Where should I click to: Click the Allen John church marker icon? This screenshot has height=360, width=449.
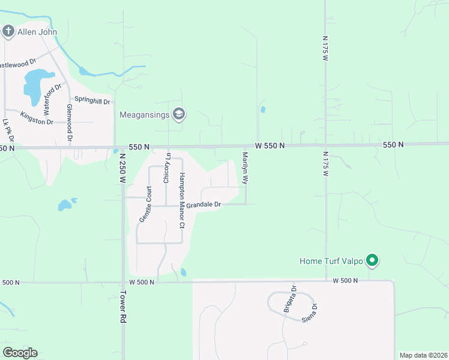tap(8, 31)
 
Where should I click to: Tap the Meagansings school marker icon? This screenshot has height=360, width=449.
tap(178, 113)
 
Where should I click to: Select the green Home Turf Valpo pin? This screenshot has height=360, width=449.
tap(372, 260)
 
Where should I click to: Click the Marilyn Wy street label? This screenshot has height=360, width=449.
tap(245, 167)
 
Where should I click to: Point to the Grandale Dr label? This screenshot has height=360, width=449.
tap(203, 205)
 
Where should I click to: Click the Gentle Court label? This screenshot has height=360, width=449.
tap(145, 204)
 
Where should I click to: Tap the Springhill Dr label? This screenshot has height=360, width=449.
tap(92, 101)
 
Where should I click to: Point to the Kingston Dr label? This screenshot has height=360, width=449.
tap(37, 118)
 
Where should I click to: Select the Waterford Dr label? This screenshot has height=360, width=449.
tap(53, 100)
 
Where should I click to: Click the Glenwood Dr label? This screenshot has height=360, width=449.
tap(70, 124)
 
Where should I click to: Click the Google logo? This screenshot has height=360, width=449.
tap(20, 352)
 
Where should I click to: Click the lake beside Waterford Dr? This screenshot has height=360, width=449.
tap(35, 83)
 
